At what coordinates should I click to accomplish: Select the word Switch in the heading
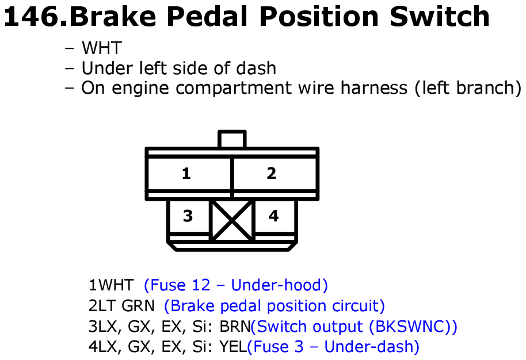[x=440, y=17]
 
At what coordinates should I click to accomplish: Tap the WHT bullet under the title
[x=101, y=48]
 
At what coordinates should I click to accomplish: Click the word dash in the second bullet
[x=256, y=68]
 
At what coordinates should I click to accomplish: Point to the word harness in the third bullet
[x=373, y=88]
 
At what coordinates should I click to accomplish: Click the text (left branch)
[x=468, y=88]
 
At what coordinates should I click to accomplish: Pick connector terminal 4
[x=275, y=216]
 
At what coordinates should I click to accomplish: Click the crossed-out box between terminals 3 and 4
[x=232, y=220]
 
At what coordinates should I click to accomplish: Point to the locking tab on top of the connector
[x=232, y=139]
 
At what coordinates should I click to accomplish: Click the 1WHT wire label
[x=111, y=285]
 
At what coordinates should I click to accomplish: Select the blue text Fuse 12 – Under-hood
[x=236, y=285]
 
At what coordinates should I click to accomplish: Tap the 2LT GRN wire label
[x=121, y=306]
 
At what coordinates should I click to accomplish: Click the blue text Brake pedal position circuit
[x=275, y=306]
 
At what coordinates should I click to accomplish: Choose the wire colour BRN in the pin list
[x=235, y=327]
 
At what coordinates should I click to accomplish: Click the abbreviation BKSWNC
[x=409, y=327]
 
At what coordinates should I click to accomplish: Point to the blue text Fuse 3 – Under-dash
[x=333, y=347]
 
